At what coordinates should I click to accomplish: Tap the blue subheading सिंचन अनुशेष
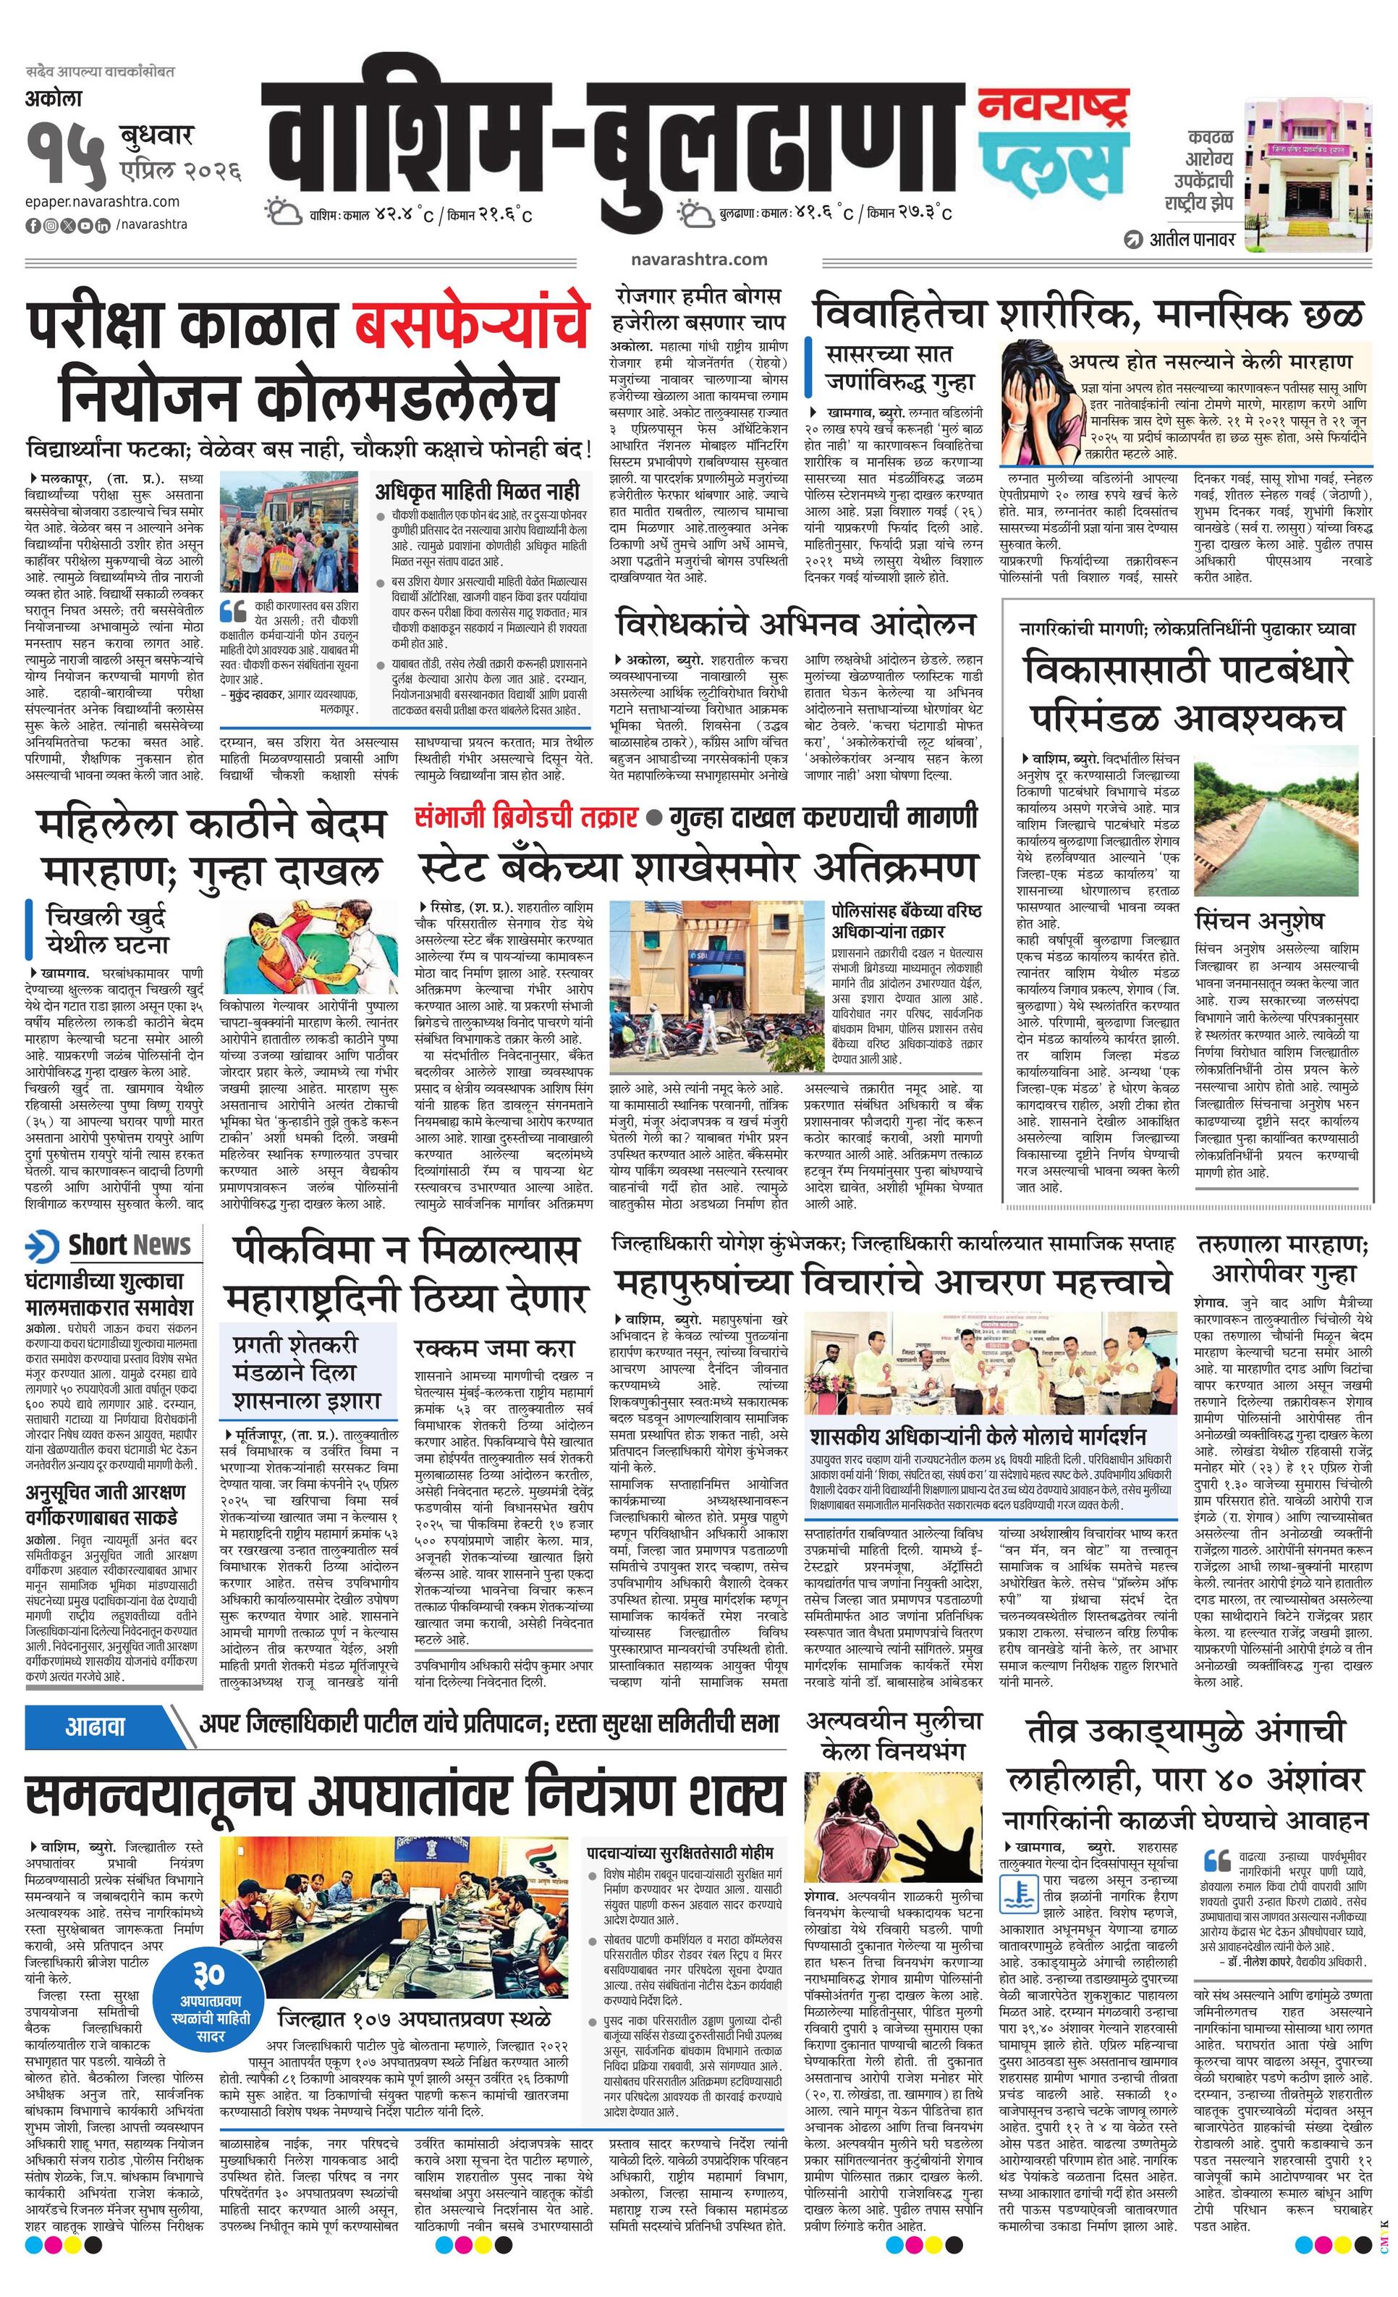1258,920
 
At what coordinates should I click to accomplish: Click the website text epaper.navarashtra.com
103,201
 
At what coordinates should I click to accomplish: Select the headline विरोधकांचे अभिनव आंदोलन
796,624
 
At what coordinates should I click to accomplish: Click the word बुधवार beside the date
156,136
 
